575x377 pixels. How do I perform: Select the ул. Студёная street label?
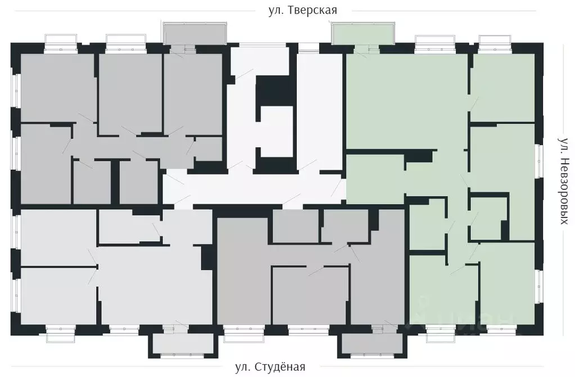(270, 367)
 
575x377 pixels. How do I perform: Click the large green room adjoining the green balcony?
(405, 101)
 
